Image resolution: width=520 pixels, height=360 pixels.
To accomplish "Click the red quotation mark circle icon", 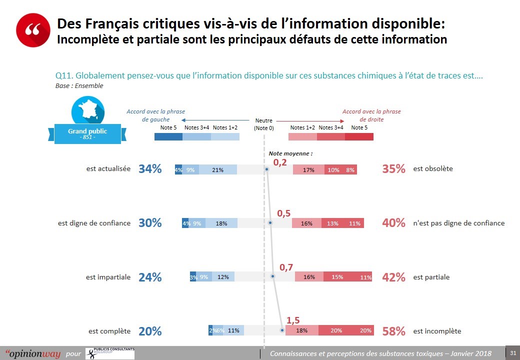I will (x=33, y=29).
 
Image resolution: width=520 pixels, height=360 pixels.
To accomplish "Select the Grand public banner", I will (x=87, y=133).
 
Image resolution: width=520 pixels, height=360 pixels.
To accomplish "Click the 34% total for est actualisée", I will (x=150, y=169).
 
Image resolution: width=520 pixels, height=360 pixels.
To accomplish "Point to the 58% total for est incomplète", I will (x=393, y=331).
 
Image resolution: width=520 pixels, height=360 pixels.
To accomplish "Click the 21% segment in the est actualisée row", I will (x=217, y=169).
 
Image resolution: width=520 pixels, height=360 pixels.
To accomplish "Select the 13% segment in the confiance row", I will (x=333, y=223).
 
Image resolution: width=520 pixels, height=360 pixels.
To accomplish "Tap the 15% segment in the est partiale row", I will (x=337, y=277).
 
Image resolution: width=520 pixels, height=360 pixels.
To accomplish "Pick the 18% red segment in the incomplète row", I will (x=301, y=330).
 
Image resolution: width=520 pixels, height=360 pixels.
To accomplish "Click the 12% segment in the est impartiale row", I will (x=223, y=277).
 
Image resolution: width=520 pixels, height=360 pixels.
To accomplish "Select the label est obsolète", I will (x=433, y=168).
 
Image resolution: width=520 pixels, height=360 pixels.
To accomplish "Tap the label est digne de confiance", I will (x=94, y=223).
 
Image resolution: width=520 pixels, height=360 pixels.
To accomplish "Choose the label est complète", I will (x=109, y=331).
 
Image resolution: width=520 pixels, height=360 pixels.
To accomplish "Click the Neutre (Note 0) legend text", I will (x=263, y=124).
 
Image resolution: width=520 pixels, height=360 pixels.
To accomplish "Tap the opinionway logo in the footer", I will (x=33, y=353).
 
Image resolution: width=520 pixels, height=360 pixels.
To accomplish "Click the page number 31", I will (x=512, y=353).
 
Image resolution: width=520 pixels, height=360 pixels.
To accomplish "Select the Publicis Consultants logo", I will (x=110, y=352).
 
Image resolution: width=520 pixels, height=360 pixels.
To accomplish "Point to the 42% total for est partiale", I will (x=393, y=277).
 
